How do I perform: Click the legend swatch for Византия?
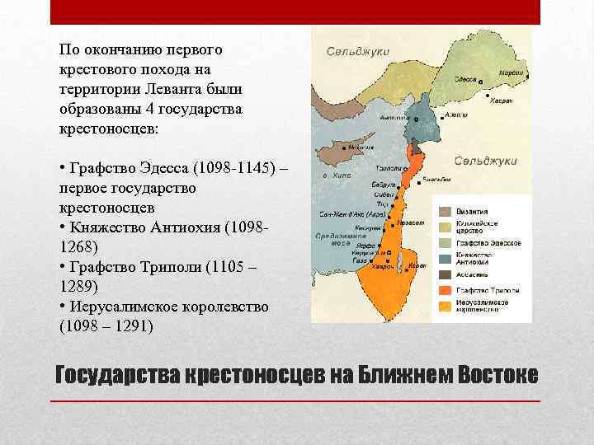[444, 211]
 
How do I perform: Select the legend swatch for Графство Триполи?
[444, 291]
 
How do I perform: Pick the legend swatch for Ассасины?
[444, 274]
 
